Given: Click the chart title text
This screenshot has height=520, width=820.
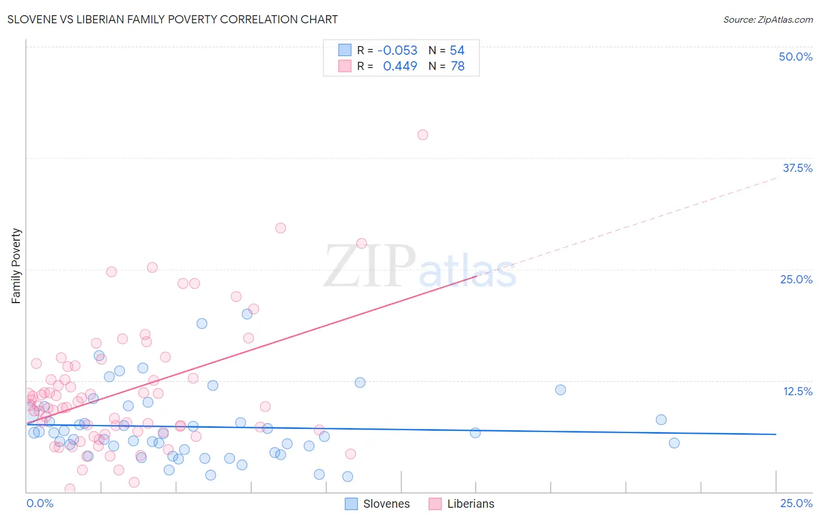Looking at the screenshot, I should pos(173,19).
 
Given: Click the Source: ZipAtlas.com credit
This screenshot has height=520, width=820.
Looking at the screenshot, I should pos(768,20).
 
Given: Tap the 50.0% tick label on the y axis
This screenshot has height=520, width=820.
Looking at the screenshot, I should pos(796,57).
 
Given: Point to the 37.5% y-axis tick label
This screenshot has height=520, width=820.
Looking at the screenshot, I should pos(797,168).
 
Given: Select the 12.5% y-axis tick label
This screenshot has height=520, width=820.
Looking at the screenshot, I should pos(797,391).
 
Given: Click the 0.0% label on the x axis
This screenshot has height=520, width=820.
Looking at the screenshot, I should pos(40,503).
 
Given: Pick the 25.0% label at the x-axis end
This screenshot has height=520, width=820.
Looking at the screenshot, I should pos(796,503).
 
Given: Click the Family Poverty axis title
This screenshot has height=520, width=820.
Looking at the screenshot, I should pos(16,266).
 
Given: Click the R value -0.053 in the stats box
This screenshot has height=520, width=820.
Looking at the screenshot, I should pos(397,51).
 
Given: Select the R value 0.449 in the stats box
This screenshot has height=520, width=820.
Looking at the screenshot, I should pos(400,66).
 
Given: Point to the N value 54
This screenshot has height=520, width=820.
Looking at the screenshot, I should pos(457,51).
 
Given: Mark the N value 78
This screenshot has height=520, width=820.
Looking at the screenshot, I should pos(457,66).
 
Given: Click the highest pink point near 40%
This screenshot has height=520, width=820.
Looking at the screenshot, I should pos(423,135).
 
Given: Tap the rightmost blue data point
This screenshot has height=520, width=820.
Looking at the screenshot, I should pos(674,443).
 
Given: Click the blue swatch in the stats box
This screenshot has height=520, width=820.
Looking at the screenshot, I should pos(345,50).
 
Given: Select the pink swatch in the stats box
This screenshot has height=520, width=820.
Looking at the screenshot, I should pos(345,66).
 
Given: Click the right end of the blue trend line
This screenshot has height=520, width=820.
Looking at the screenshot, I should pos(776,434).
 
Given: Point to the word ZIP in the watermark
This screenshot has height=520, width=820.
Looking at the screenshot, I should pos(370,266).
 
